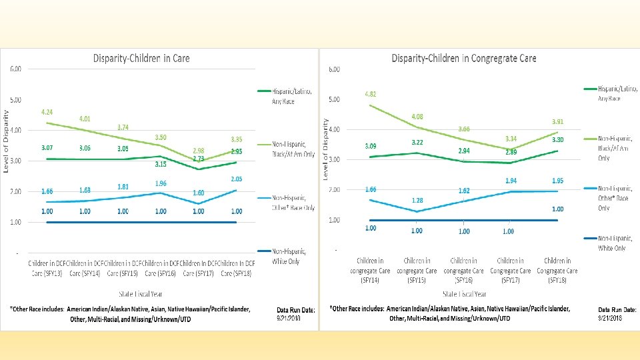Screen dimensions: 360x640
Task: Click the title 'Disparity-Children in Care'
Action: pyautogui.click(x=141, y=59)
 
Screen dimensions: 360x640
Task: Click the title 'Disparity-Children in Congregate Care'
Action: pyautogui.click(x=464, y=59)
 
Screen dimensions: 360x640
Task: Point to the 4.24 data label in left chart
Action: pyautogui.click(x=47, y=112)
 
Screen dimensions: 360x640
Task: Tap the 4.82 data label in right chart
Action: pyautogui.click(x=370, y=94)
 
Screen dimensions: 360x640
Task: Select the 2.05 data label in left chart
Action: pyautogui.click(x=237, y=179)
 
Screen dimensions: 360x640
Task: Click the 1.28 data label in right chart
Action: pyautogui.click(x=417, y=200)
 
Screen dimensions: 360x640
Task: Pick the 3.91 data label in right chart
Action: pyautogui.click(x=557, y=122)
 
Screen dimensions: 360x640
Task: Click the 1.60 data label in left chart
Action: pyautogui.click(x=199, y=193)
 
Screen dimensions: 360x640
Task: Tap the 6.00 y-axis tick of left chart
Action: pyautogui.click(x=15, y=69)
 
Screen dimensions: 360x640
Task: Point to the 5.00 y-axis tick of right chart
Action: pyautogui.click(x=335, y=99)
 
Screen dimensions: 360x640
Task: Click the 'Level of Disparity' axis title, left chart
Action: pyautogui.click(x=7, y=142)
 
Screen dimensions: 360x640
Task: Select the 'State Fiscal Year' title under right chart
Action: pyautogui.click(x=464, y=293)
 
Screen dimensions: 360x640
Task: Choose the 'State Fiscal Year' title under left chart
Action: pyautogui.click(x=141, y=293)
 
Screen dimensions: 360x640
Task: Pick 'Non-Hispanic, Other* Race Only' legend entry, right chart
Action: pyautogui.click(x=614, y=198)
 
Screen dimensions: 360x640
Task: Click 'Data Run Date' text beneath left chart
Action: pyautogui.click(x=297, y=309)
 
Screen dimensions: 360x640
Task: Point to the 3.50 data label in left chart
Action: pyautogui.click(x=160, y=137)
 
